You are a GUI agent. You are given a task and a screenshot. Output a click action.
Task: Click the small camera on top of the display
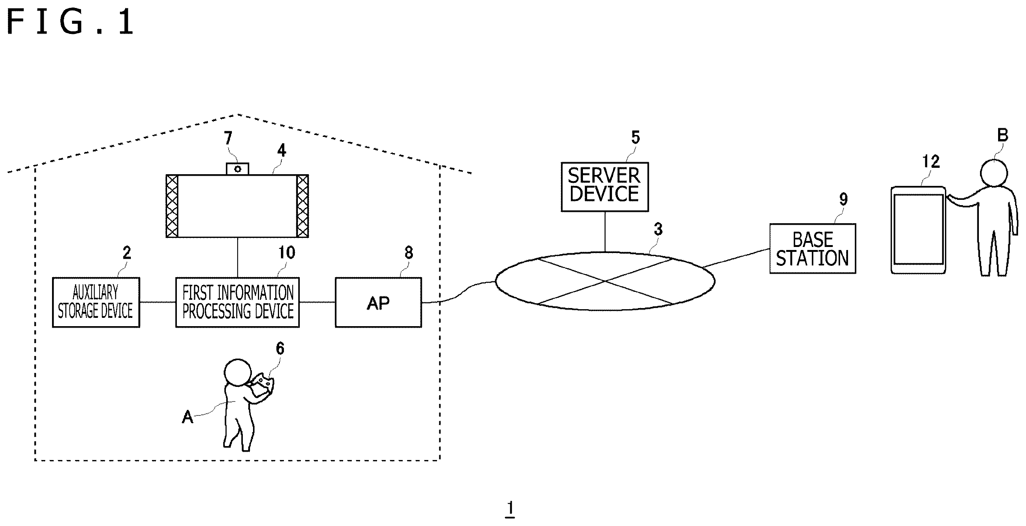pyautogui.click(x=238, y=169)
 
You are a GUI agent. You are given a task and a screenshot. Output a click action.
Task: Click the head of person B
pyautogui.click(x=994, y=173)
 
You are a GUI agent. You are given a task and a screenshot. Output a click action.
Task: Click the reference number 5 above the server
pyautogui.click(x=636, y=137)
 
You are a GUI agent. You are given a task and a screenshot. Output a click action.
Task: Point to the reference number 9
pyautogui.click(x=843, y=199)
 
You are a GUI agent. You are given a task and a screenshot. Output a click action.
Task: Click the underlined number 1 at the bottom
pyautogui.click(x=510, y=509)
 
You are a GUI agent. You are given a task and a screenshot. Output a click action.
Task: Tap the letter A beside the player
pyautogui.click(x=187, y=417)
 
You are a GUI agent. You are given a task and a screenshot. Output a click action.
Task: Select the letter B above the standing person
pyautogui.click(x=1003, y=135)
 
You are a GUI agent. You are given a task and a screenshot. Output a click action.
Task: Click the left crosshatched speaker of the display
pyautogui.click(x=172, y=206)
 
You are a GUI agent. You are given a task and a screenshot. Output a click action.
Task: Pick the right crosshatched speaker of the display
pyautogui.click(x=303, y=206)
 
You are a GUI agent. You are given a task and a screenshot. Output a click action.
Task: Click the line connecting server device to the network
pyautogui.click(x=606, y=232)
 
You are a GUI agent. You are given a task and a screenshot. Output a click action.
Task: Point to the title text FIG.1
pyautogui.click(x=71, y=22)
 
